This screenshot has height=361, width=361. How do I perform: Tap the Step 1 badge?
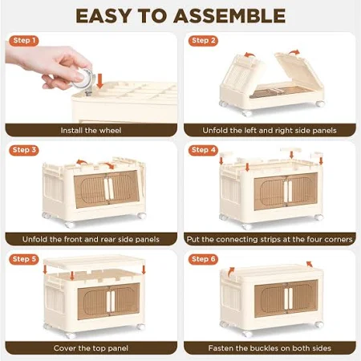click(24, 41)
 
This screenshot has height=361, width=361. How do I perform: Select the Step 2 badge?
click(203, 41)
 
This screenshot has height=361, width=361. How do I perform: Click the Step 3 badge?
click(24, 150)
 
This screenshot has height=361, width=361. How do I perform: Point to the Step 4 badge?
click(203, 150)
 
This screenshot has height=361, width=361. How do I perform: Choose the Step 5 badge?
click(24, 259)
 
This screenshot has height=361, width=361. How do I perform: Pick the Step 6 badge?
click(203, 259)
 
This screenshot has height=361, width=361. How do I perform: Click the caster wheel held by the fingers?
click(83, 79)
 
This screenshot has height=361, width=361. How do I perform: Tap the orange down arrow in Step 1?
click(99, 81)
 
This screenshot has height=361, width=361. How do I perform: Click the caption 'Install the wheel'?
click(91, 131)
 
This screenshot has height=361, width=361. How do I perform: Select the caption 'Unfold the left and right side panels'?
click(270, 131)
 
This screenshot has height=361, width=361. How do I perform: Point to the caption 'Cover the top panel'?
click(91, 348)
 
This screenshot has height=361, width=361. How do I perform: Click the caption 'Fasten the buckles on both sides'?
click(270, 348)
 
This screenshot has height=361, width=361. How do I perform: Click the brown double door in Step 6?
click(286, 298)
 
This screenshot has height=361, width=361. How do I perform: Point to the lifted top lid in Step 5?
click(94, 263)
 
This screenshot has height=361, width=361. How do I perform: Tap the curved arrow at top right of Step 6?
click(310, 264)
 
